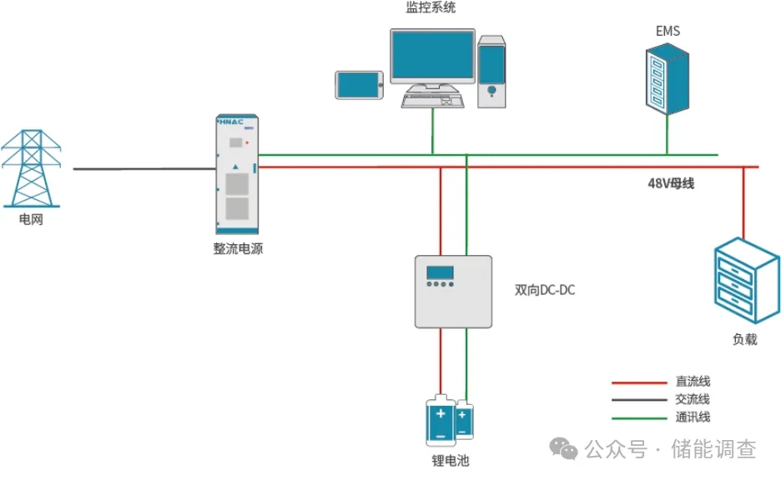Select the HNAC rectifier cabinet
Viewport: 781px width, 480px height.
coord(237,175)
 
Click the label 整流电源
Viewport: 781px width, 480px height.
coord(238,248)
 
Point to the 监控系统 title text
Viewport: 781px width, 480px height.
coord(431,8)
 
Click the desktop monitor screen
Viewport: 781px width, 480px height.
coord(431,56)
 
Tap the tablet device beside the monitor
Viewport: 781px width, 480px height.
coord(360,85)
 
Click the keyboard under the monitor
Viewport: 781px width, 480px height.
coord(432,99)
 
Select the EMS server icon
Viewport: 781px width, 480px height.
coord(668,80)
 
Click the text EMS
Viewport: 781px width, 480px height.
coord(668,31)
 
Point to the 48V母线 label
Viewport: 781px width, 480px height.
coord(671,184)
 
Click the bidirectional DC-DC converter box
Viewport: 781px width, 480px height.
coord(455,291)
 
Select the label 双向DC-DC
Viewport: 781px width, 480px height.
coord(545,291)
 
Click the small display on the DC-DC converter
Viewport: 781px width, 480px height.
coord(440,272)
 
